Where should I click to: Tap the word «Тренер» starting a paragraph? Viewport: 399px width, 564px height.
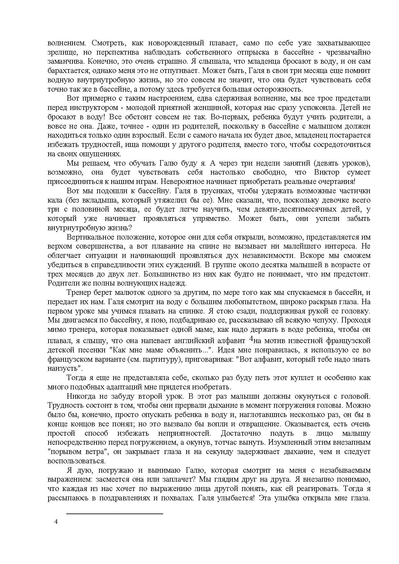click(x=79, y=293)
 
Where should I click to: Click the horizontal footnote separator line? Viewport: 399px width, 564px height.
click(x=115, y=514)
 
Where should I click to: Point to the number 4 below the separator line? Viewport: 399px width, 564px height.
click(x=57, y=522)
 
